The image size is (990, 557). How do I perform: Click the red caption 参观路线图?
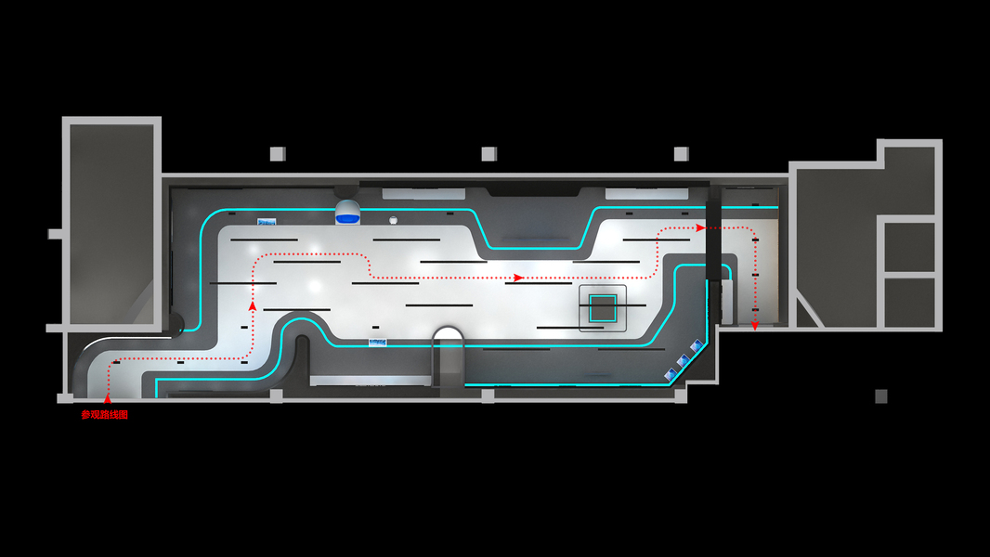[104, 415]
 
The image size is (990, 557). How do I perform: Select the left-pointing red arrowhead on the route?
[517, 277]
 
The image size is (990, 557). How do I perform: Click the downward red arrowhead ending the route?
[755, 326]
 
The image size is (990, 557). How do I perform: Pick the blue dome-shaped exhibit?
[347, 212]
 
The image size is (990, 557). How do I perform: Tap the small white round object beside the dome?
[394, 220]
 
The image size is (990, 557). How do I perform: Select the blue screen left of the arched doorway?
[378, 342]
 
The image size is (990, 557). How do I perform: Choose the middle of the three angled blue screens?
[684, 360]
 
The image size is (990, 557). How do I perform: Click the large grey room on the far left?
[111, 223]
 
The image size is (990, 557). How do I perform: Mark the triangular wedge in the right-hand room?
[806, 313]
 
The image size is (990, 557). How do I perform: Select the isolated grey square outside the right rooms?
[880, 396]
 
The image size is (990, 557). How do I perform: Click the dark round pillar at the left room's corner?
[175, 323]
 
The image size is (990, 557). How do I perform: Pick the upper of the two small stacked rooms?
[909, 245]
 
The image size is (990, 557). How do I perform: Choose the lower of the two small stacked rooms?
[909, 302]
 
